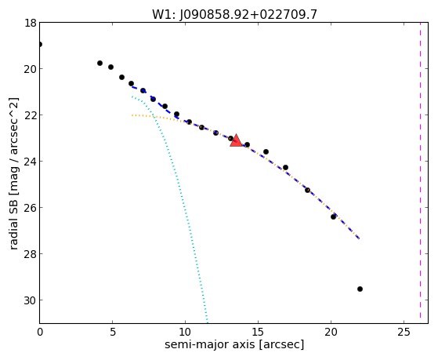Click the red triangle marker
click(x=237, y=141)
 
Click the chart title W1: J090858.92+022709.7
click(x=234, y=15)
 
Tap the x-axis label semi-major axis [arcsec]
click(x=234, y=344)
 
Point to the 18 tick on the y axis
click(x=31, y=23)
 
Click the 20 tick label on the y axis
click(x=31, y=69)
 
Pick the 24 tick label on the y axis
click(x=31, y=162)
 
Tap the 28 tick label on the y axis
click(x=31, y=254)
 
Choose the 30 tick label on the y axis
click(x=31, y=300)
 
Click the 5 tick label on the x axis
click(x=113, y=332)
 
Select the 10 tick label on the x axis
click(x=185, y=332)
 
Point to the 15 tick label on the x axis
click(x=258, y=332)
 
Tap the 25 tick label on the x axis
click(x=404, y=332)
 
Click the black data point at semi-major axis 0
click(x=40, y=44)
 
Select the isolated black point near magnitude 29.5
click(x=360, y=289)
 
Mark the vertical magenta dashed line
click(x=420, y=173)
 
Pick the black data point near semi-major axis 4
click(x=100, y=64)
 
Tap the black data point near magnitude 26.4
click(x=333, y=216)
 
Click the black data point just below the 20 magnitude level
click(x=110, y=67)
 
